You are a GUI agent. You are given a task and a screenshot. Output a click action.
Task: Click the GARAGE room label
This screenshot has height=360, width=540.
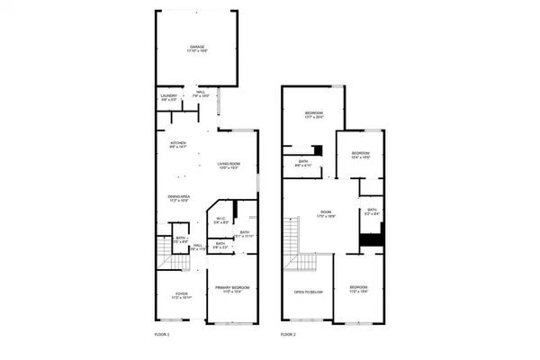pyautogui.click(x=197, y=46)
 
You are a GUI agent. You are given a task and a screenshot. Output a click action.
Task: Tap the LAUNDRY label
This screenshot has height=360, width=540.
pyautogui.click(x=168, y=94)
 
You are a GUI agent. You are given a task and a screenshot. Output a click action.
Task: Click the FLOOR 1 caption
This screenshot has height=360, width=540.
pyautogui.click(x=162, y=334)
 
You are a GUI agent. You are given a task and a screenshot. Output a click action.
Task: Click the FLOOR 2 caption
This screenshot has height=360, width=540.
pyautogui.click(x=288, y=334)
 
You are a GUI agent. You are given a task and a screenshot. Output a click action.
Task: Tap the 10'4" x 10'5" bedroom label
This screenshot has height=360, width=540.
pyautogui.click(x=361, y=153)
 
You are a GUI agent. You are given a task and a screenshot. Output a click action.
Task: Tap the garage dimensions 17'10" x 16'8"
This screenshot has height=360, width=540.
pyautogui.click(x=197, y=50)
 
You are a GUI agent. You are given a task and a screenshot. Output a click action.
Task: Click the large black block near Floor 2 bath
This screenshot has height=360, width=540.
pyautogui.click(x=371, y=241)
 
